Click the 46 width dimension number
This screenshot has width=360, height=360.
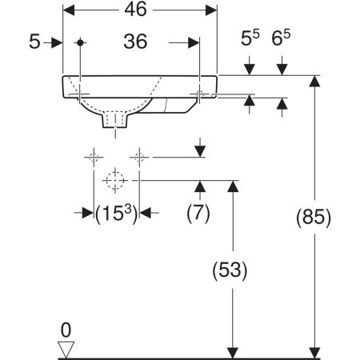135,10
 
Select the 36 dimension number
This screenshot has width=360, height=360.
135,42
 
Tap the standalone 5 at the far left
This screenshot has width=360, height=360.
34,42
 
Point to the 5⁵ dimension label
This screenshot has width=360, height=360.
250,38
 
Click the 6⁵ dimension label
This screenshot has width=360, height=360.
281,38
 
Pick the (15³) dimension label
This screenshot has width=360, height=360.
117,214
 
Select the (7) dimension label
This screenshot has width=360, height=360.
198,214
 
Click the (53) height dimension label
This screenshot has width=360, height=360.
230,270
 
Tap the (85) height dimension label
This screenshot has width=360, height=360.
314,218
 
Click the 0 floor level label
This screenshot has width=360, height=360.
66,330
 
